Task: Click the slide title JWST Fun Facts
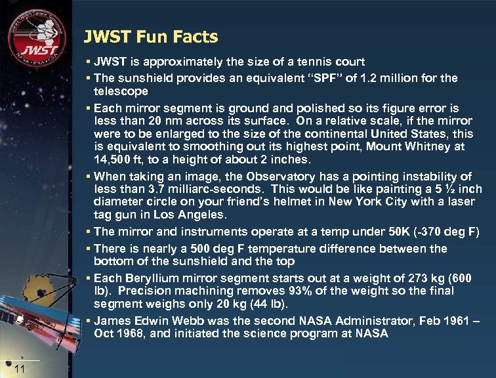pos(151,37)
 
